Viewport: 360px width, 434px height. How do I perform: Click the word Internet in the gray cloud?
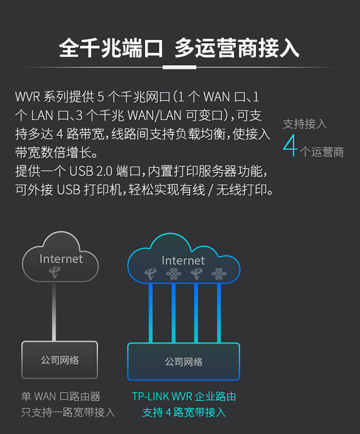[x=61, y=259]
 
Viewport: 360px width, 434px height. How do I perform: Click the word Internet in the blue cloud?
[x=183, y=261]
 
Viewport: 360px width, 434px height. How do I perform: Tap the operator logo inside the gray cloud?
[x=54, y=272]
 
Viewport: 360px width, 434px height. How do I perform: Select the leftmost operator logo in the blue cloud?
[x=150, y=274]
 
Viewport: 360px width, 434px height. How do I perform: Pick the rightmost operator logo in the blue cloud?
[x=218, y=274]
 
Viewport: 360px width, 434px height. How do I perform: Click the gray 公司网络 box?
[x=60, y=360]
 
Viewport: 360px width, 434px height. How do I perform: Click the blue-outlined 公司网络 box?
[x=183, y=361]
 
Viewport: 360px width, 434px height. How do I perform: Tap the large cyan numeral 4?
[x=290, y=146]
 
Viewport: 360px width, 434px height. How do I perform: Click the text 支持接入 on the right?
[x=305, y=124]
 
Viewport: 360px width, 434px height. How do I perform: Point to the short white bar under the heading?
[x=179, y=67]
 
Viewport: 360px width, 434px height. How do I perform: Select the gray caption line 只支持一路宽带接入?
[x=67, y=413]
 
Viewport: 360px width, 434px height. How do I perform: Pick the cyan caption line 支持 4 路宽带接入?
[x=183, y=413]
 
